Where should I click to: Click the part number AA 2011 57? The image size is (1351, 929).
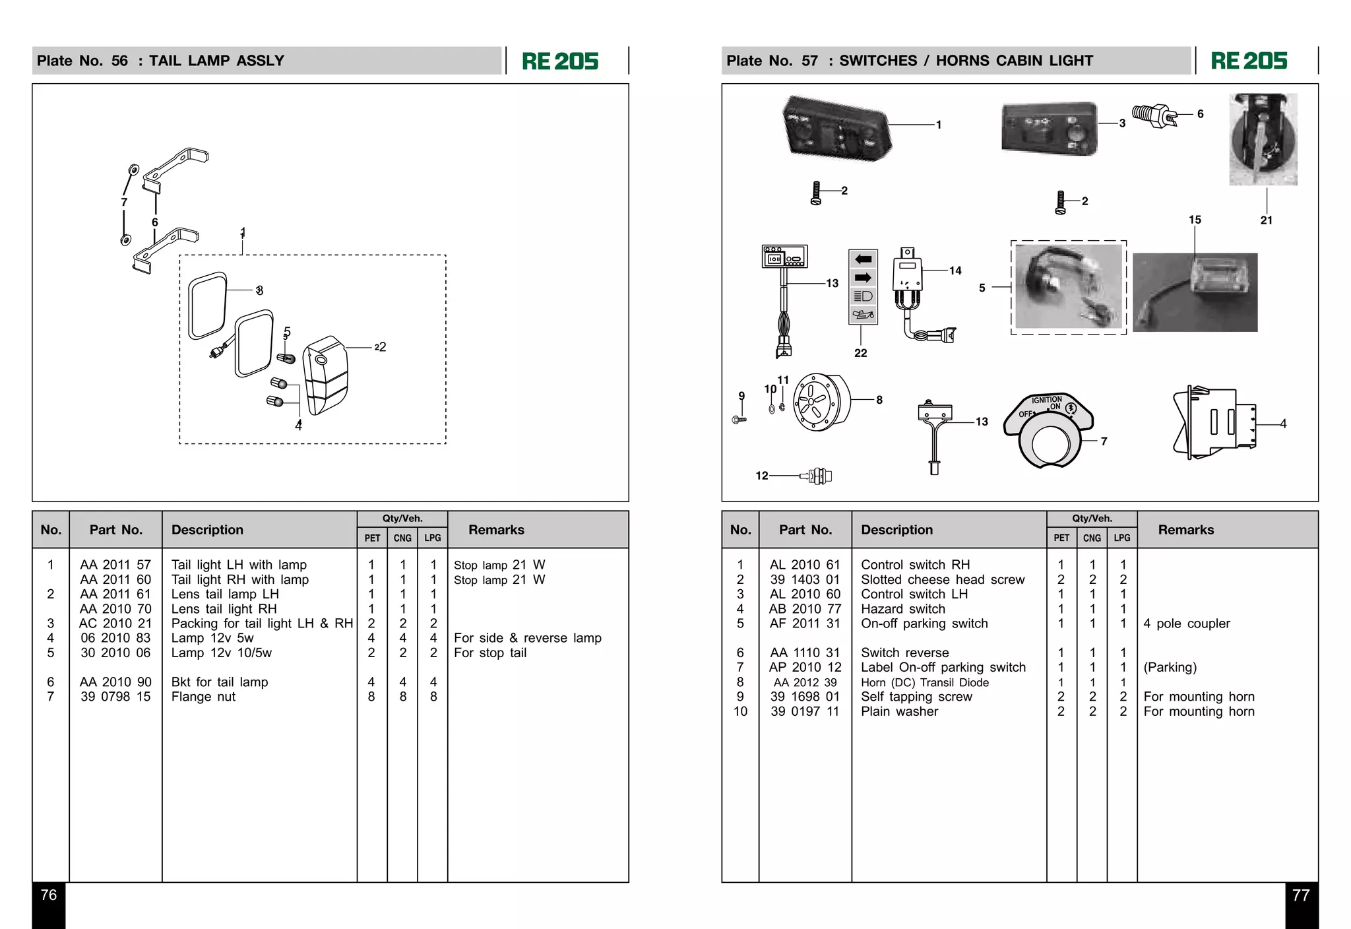(x=115, y=565)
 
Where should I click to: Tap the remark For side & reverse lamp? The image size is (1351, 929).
(x=527, y=638)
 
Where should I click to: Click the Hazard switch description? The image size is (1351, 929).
(x=902, y=609)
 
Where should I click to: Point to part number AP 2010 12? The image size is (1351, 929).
(x=805, y=667)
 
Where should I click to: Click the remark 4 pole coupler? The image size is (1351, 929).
(x=1186, y=624)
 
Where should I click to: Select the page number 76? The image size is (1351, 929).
(x=49, y=895)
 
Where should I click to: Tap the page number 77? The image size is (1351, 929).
(x=1300, y=895)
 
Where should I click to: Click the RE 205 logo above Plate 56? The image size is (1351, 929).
(x=560, y=61)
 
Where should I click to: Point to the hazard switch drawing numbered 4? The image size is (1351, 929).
(x=1214, y=422)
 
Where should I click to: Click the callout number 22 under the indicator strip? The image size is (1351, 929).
(x=860, y=353)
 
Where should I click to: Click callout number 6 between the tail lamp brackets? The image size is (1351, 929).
(x=155, y=222)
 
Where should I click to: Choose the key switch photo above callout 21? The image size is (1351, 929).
(x=1263, y=139)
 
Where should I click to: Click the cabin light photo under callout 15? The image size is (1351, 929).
(x=1195, y=292)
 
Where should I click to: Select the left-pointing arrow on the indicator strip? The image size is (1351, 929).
(x=863, y=259)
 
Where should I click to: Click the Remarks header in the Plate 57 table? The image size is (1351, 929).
(x=1185, y=530)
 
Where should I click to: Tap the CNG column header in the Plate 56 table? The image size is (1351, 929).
(x=402, y=538)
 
